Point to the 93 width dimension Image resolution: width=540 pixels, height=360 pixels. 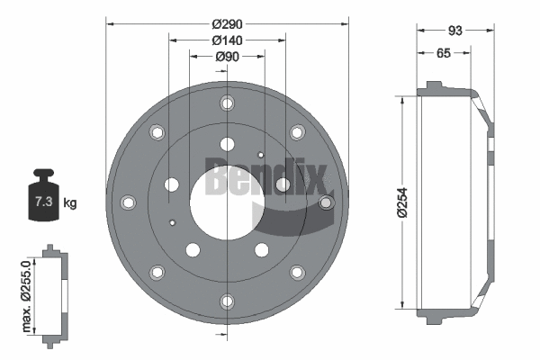(x=455, y=31)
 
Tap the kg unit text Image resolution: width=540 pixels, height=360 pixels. (x=70, y=202)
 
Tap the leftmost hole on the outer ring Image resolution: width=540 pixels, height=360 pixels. (x=127, y=202)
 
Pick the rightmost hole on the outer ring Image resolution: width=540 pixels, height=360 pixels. (x=326, y=202)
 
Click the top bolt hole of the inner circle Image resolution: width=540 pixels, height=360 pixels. (x=226, y=142)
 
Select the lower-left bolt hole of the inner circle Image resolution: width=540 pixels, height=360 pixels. (x=192, y=250)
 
